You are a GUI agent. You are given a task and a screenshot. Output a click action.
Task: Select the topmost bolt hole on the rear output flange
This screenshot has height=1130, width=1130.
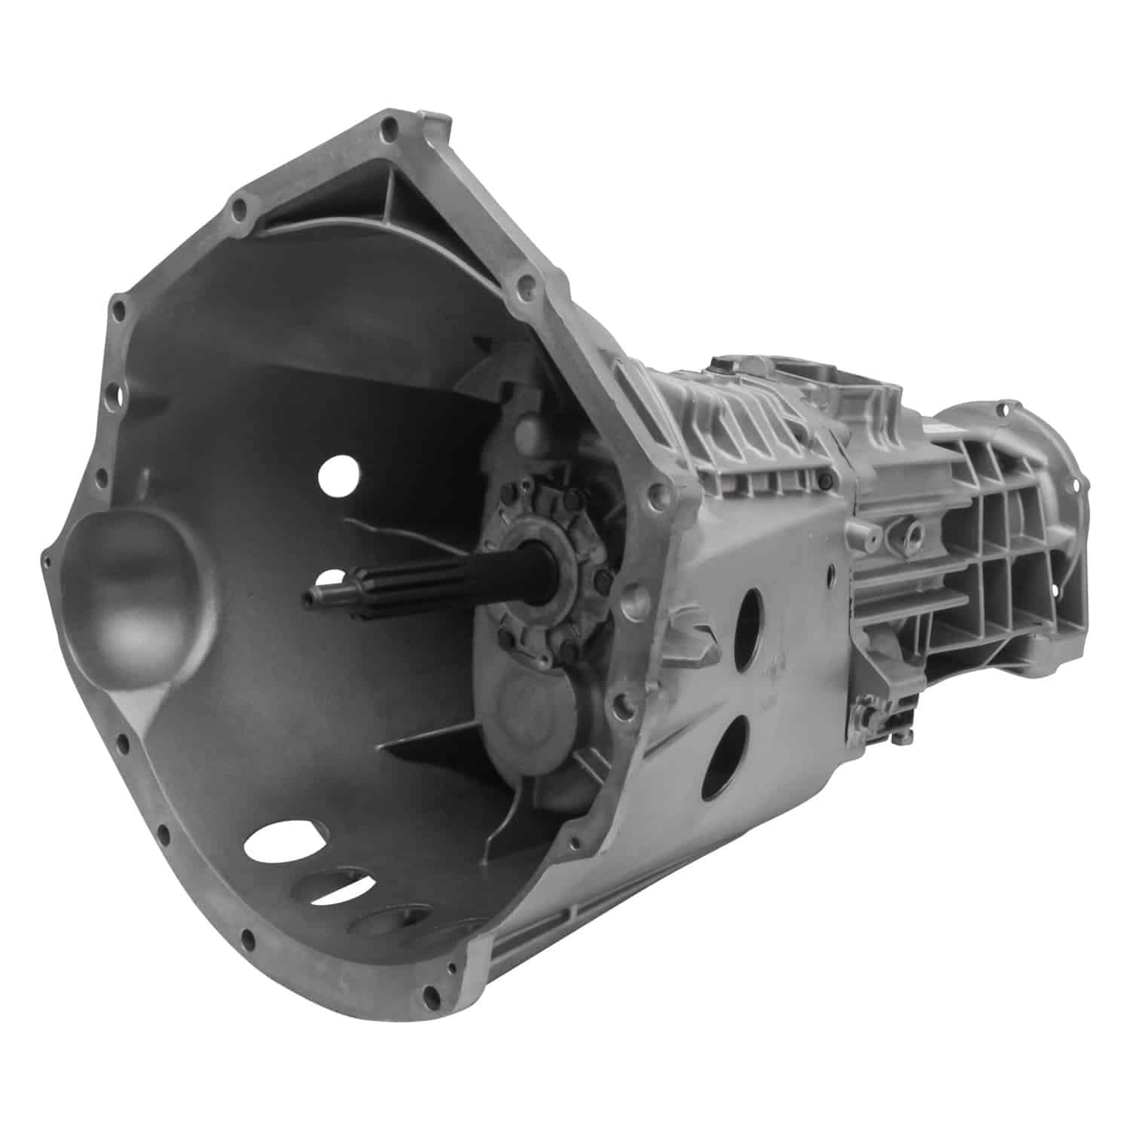coord(1003,411)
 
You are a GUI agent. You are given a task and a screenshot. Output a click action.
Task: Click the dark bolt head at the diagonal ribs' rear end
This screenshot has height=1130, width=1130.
coord(829,482)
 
